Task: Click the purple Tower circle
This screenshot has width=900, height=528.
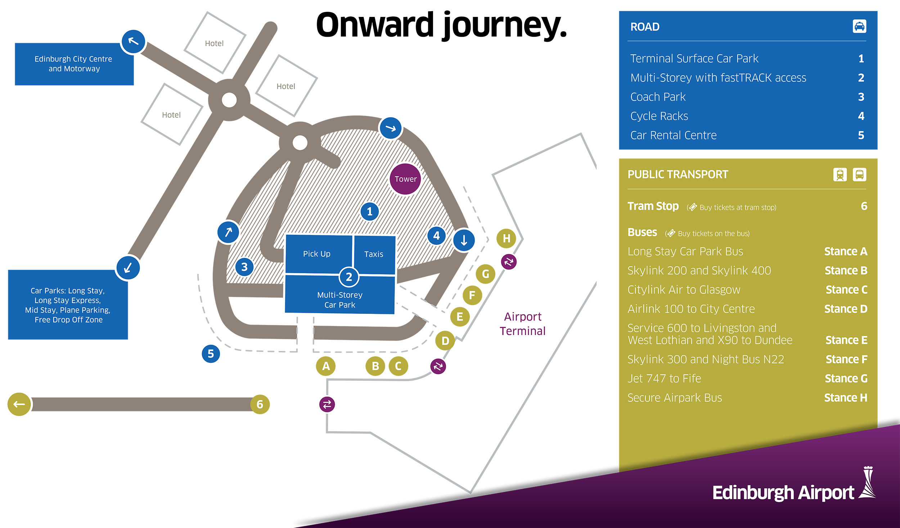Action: tap(405, 179)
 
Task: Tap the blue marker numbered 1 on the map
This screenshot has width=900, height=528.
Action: tap(370, 212)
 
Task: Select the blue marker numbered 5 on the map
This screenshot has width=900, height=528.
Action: tap(211, 354)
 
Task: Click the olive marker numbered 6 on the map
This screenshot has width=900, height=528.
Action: tap(260, 404)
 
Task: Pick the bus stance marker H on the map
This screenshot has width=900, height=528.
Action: tap(506, 238)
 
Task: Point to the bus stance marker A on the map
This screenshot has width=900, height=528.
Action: tap(326, 366)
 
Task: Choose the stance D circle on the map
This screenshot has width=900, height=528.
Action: tap(445, 340)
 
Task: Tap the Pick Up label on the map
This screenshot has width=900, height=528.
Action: tap(316, 254)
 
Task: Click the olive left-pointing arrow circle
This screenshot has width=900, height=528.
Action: tap(19, 404)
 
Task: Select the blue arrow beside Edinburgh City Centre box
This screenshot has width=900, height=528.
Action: tap(133, 42)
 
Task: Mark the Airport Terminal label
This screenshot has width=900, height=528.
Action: tap(522, 324)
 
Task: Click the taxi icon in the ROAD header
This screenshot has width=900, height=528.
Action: tap(859, 27)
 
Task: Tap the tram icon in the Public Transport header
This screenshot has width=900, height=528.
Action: tap(840, 175)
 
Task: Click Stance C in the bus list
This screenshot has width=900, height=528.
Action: tap(846, 290)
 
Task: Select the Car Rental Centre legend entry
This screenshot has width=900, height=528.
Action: tap(673, 135)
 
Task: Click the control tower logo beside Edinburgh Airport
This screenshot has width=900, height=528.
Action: tap(868, 483)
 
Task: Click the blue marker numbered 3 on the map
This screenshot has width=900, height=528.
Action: tap(244, 267)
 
